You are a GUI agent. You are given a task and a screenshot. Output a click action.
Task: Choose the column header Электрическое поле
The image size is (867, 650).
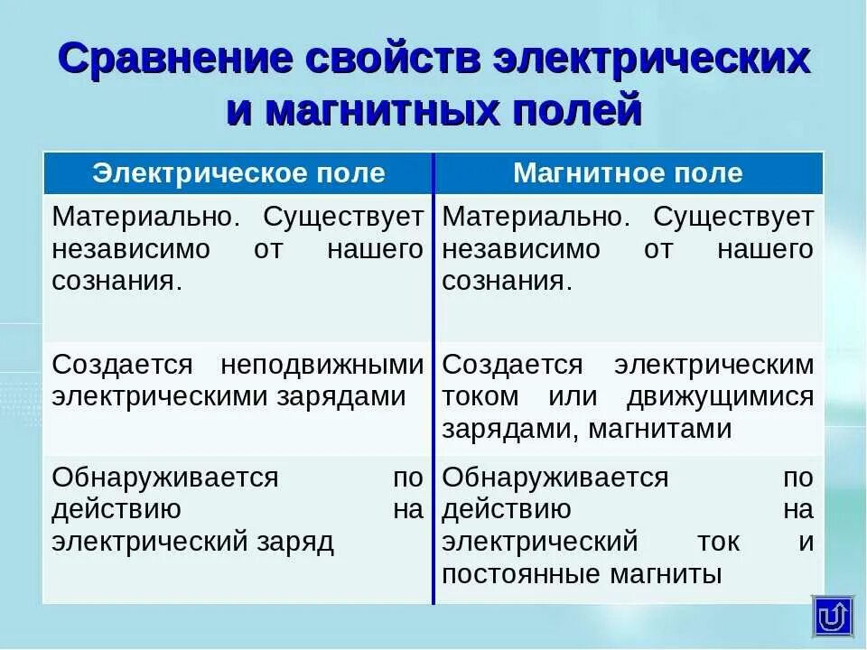[238, 173]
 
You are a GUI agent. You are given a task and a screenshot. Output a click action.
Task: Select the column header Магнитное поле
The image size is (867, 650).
[628, 173]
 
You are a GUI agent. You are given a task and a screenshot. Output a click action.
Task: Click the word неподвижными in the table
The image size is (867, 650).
[322, 365]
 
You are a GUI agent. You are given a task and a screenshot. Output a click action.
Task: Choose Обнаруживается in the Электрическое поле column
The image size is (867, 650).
[165, 478]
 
